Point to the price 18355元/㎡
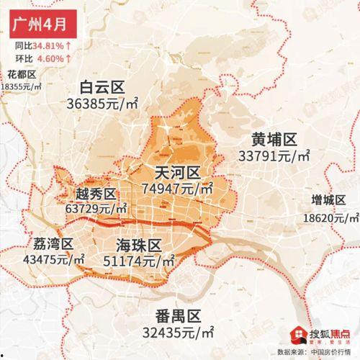27,86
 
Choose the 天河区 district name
177,173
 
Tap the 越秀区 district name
95,194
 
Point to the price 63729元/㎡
96,208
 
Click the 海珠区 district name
138,243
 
